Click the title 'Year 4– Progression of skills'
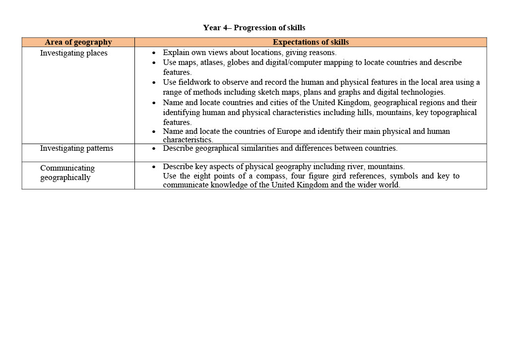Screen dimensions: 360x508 (x=254, y=28)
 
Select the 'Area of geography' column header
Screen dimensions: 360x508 (x=78, y=42)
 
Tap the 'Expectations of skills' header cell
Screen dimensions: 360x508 (x=311, y=42)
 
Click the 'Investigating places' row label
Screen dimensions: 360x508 (x=73, y=53)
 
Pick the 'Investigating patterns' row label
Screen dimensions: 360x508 (x=76, y=148)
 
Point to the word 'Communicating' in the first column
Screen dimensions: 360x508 (x=67, y=168)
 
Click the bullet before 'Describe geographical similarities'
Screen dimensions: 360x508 (x=154, y=148)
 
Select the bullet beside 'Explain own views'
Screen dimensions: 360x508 (x=154, y=53)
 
